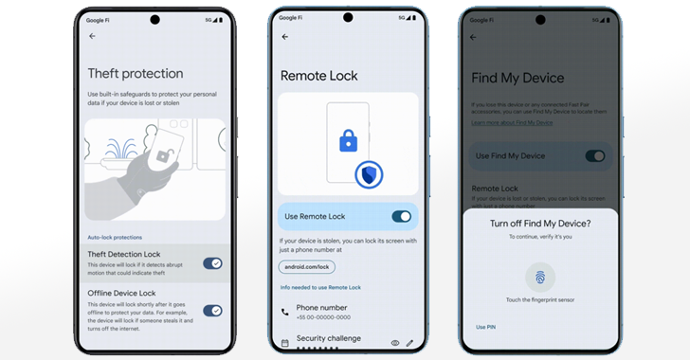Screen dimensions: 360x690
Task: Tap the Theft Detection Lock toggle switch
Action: tap(212, 262)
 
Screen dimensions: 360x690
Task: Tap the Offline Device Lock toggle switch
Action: tap(212, 310)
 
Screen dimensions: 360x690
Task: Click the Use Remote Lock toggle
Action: tap(401, 217)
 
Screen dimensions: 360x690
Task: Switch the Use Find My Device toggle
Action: tap(594, 155)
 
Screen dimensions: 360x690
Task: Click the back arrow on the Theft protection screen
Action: tap(92, 36)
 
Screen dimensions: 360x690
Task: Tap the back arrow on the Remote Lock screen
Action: tap(285, 37)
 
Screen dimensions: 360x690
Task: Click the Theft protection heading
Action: tap(136, 74)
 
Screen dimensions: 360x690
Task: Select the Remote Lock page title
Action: tap(319, 76)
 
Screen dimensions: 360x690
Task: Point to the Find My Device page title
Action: tap(531, 78)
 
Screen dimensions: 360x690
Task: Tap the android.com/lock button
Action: tap(307, 267)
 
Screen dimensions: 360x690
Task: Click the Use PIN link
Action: tap(484, 327)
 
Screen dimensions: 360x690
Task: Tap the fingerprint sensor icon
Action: tap(540, 277)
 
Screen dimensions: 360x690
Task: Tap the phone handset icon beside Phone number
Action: tap(285, 312)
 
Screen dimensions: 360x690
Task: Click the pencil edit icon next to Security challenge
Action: tap(410, 342)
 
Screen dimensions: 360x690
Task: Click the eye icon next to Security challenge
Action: tap(394, 342)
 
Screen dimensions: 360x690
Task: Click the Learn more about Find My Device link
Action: tap(511, 122)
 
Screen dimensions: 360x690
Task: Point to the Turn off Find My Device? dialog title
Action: tap(539, 223)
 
